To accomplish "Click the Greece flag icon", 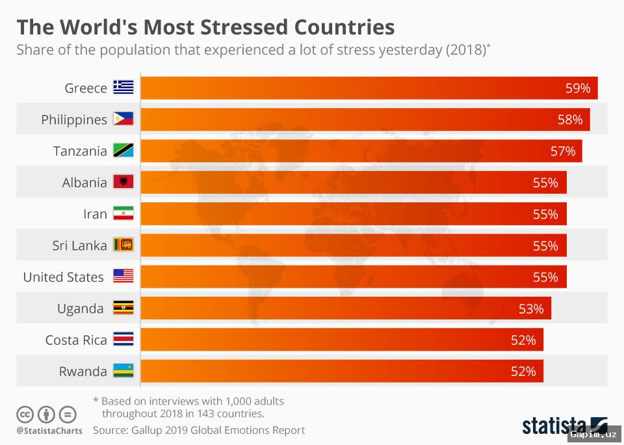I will pyautogui.click(x=123, y=88).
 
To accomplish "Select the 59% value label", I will pyautogui.click(x=577, y=88).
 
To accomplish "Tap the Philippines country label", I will pyautogui.click(x=74, y=120).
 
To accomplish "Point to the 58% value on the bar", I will pyautogui.click(x=569, y=120).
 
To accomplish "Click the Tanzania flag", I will pyautogui.click(x=123, y=151).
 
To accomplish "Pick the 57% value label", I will pyautogui.click(x=562, y=151).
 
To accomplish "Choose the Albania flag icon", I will pyautogui.click(x=123, y=182).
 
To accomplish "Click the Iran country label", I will pyautogui.click(x=95, y=214).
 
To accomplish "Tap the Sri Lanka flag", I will pyautogui.click(x=123, y=245).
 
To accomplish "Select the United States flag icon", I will pyautogui.click(x=123, y=276).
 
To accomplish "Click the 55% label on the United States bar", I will pyautogui.click(x=545, y=277).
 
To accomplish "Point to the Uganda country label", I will pyautogui.click(x=80, y=308).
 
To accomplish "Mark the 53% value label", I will pyautogui.click(x=530, y=308).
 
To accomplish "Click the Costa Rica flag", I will pyautogui.click(x=123, y=340).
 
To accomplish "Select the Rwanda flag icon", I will pyautogui.click(x=123, y=371).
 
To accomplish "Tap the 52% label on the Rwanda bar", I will pyautogui.click(x=523, y=371).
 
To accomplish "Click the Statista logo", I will pyautogui.click(x=564, y=425).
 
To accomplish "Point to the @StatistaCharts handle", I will pyautogui.click(x=49, y=431).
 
